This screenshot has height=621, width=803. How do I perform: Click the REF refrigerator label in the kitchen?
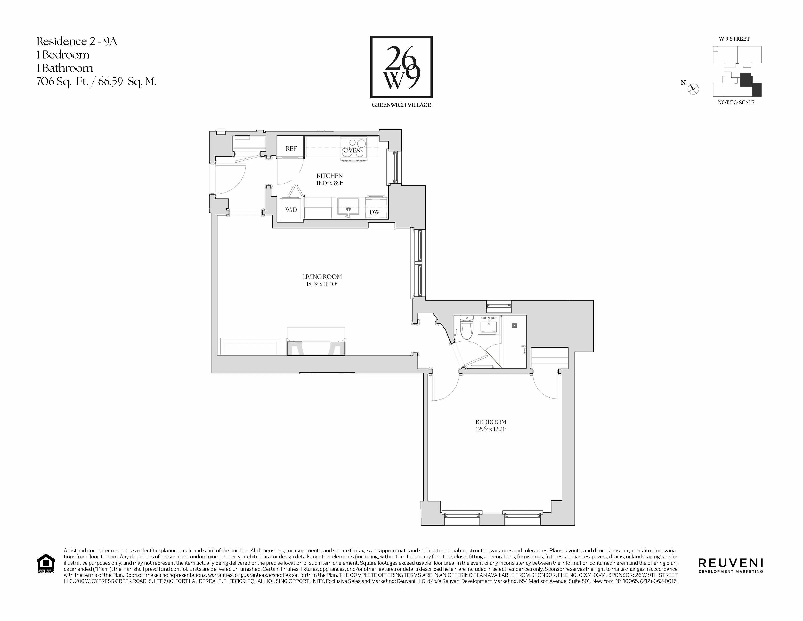point(291,149)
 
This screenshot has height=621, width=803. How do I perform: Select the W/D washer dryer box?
point(291,210)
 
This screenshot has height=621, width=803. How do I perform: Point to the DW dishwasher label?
point(374,212)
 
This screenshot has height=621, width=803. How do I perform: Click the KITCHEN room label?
point(329,176)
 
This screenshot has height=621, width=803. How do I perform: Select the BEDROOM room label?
point(491,422)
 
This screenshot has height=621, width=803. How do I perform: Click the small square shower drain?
point(515,325)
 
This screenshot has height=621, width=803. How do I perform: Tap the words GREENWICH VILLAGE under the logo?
point(401,105)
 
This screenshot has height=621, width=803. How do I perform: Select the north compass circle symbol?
point(693,89)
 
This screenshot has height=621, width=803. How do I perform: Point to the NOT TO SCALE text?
point(736,102)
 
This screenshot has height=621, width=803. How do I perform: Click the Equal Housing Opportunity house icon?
point(46,563)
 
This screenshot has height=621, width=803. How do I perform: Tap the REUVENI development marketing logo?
point(730,565)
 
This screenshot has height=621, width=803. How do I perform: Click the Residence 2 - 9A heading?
point(76,41)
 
